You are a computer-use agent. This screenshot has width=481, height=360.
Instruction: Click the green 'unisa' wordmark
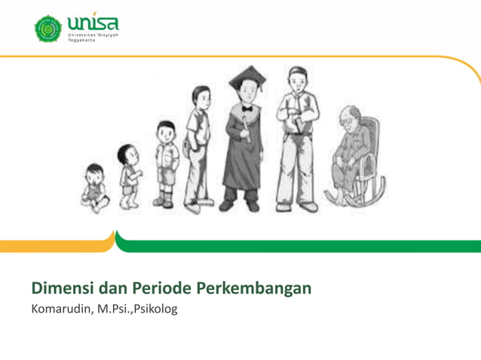(x=93, y=24)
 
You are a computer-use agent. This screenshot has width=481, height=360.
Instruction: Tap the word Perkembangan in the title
(x=253, y=289)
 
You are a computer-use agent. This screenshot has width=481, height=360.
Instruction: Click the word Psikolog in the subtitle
(x=154, y=310)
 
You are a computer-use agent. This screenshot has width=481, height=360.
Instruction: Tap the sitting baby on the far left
(x=95, y=187)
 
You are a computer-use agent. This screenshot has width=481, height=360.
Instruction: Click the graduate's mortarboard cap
(x=244, y=77)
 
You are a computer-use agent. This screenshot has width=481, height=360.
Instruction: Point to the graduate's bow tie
(x=245, y=110)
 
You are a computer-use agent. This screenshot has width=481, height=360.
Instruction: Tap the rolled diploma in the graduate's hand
(x=246, y=128)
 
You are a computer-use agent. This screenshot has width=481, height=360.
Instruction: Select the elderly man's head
(x=348, y=115)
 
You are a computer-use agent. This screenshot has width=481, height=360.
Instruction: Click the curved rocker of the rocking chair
(x=354, y=197)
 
